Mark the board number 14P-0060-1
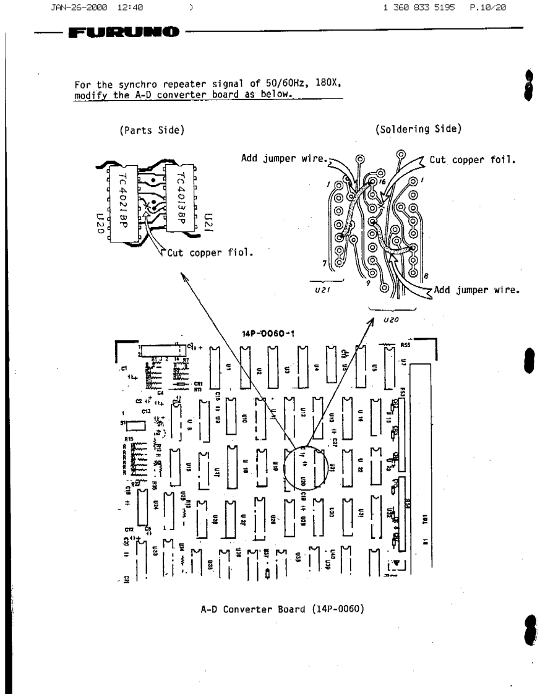(268, 334)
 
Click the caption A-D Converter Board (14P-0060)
(282, 609)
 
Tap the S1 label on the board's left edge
(124, 422)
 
